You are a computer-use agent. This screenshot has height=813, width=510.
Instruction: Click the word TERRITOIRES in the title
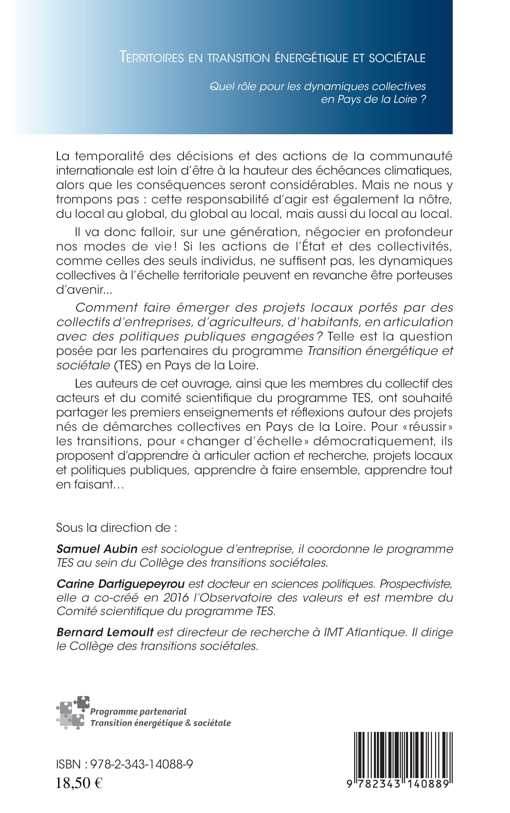[x=152, y=58]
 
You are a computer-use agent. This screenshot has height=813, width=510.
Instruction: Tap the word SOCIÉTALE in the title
[x=397, y=58]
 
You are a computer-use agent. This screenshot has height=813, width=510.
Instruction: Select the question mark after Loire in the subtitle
[x=423, y=99]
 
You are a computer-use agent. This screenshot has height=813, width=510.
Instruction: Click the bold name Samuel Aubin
[x=97, y=549]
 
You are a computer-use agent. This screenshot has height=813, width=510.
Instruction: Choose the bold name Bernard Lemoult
[x=105, y=632]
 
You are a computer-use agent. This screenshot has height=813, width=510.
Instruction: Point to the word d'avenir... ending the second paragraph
[x=79, y=290]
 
